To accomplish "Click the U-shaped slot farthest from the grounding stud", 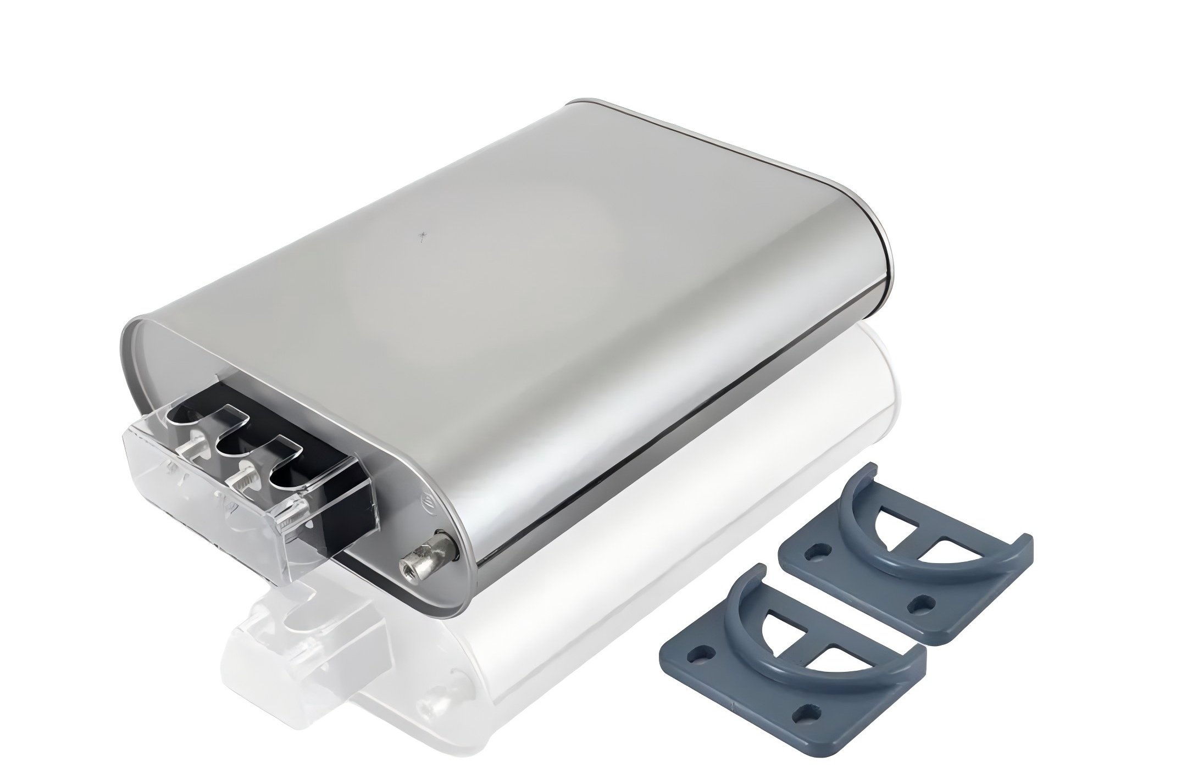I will [181, 418].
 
